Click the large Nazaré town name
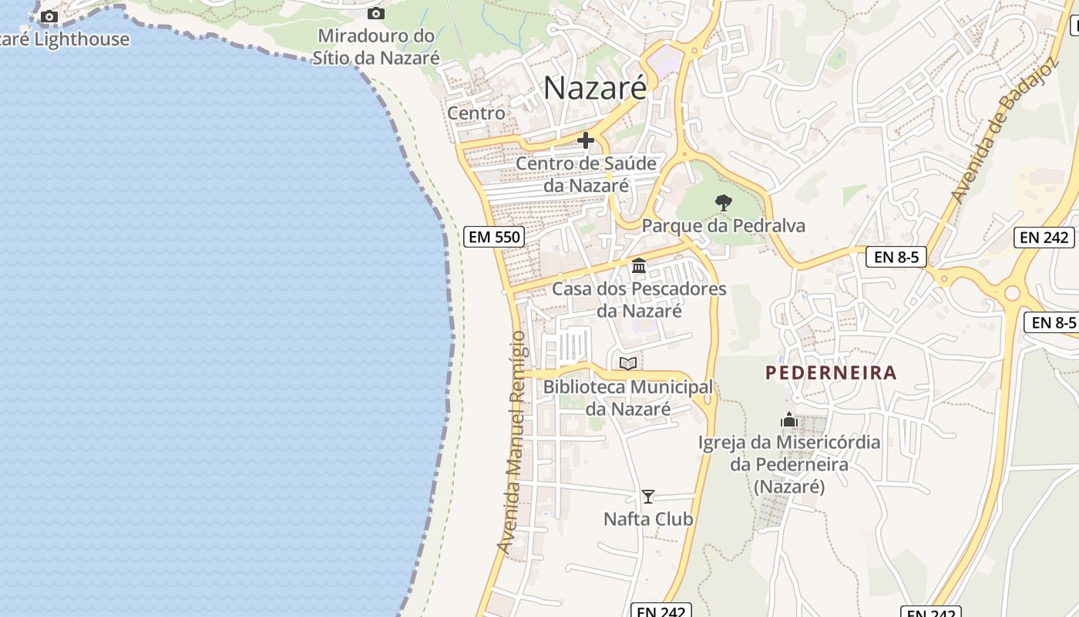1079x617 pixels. [595, 88]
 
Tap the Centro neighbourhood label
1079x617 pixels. [476, 113]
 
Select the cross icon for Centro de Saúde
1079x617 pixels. [586, 140]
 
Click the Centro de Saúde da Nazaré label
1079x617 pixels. [586, 174]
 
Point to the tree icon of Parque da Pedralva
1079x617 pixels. [723, 203]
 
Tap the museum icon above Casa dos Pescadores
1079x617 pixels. [639, 266]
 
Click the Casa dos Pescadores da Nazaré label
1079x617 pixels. [639, 300]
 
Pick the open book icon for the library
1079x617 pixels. [628, 363]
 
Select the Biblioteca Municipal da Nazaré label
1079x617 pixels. [628, 398]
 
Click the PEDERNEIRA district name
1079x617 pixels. [831, 373]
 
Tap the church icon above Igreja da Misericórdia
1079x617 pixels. [788, 420]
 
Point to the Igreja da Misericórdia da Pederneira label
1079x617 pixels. [789, 464]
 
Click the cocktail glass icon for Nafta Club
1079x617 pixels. [648, 497]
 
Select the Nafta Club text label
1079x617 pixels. [648, 520]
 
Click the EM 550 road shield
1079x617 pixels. [495, 237]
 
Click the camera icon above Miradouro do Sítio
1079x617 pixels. [376, 13]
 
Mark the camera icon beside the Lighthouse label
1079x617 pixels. [49, 16]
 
